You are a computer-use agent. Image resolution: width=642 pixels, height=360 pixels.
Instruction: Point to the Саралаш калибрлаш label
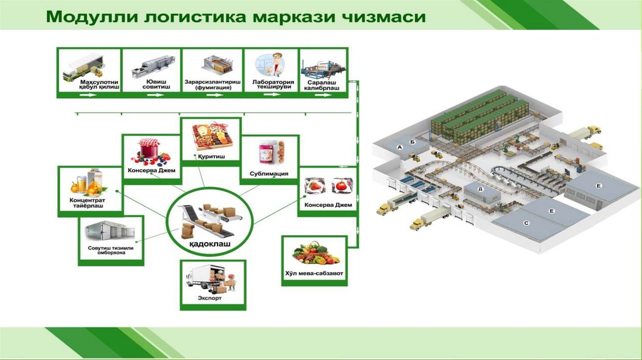coord(324,84)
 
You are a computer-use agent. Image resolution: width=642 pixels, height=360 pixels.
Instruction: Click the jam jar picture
coord(149,151)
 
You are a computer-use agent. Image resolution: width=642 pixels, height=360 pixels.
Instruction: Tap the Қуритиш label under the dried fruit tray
coord(211,154)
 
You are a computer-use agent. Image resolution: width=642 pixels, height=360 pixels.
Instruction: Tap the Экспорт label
coord(210,299)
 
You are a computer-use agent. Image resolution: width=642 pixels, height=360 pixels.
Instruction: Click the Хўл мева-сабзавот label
coord(315,274)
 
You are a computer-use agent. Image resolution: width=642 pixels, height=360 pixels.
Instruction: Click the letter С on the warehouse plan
coord(526,222)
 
